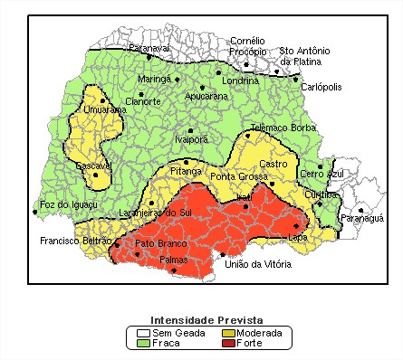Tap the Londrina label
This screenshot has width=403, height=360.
(240, 81)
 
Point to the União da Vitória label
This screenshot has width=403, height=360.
(257, 264)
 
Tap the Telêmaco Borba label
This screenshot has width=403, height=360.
(282, 128)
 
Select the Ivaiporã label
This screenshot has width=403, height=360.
(191, 139)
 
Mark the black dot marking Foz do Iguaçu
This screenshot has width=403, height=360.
(35, 213)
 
